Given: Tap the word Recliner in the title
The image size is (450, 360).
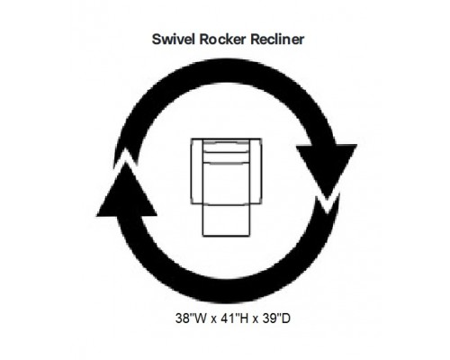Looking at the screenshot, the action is (277, 40).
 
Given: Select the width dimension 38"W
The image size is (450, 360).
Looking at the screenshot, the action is (191, 319).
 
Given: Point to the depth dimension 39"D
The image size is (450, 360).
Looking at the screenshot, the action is (276, 319).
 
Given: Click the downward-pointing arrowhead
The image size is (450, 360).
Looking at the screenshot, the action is (327, 169).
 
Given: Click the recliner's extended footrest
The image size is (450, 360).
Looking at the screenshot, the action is (227, 220).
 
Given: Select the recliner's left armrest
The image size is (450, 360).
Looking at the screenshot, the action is (197, 172).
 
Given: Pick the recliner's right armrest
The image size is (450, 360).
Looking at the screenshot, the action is (256, 172).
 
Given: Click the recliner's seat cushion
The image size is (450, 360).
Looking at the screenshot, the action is (227, 184).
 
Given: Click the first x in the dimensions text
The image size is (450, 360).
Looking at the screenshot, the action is (213, 319).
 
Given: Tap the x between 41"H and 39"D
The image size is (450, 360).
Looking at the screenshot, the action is (256, 319).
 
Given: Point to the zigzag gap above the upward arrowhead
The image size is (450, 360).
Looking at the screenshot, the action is (126, 158).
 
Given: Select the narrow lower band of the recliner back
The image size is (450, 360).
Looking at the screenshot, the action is (227, 157).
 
